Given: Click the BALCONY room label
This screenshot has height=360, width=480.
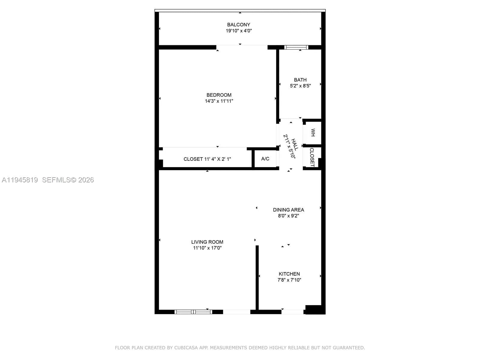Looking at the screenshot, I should (x=238, y=25).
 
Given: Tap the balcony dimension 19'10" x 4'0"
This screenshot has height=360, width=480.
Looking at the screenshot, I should (x=238, y=31).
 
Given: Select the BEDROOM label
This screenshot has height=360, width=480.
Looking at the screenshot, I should (x=219, y=95).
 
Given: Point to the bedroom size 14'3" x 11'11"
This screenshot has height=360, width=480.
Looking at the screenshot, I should (x=219, y=101).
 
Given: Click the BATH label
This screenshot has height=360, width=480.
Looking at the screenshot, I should (x=300, y=80).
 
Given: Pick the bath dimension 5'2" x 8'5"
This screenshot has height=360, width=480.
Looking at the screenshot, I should (x=300, y=86).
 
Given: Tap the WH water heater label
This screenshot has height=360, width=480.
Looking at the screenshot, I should (x=313, y=133).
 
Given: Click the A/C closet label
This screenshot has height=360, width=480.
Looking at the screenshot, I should (x=265, y=159).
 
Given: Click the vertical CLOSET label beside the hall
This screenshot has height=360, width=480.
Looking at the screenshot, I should (x=312, y=157).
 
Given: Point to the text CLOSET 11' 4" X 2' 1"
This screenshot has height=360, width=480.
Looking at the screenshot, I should (x=207, y=159).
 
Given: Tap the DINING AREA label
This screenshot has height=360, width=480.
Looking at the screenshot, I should (x=288, y=210).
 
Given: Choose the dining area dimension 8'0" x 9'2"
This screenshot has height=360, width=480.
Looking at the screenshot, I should (x=288, y=216).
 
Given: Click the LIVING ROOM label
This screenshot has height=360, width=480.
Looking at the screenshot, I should (x=207, y=242).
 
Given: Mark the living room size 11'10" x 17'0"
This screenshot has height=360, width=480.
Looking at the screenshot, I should (x=207, y=248).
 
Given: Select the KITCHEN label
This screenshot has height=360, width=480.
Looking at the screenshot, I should (x=289, y=274).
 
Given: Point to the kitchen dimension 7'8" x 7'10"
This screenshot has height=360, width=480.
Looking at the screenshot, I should (x=289, y=280).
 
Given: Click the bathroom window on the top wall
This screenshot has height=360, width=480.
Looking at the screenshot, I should (x=296, y=47).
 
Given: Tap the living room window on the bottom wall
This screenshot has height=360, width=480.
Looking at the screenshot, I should (x=193, y=312).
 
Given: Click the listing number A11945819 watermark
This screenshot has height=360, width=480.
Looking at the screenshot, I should (x=20, y=180).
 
